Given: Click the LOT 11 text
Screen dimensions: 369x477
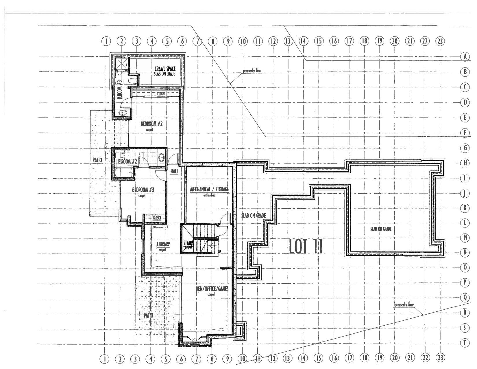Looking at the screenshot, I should (306, 247).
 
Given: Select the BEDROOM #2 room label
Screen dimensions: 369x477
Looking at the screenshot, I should (151, 124).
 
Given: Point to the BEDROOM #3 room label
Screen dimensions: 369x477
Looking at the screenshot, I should (143, 190).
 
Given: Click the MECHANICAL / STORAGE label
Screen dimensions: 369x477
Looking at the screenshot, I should (209, 189).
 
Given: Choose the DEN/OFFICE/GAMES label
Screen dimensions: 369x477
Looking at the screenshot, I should (211, 289).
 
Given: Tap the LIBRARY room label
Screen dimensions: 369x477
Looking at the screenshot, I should (163, 244).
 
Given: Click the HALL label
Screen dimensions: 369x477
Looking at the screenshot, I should (174, 171).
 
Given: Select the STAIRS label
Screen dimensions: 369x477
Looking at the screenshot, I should (188, 243).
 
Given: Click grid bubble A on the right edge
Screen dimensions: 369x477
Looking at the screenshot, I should (465, 57).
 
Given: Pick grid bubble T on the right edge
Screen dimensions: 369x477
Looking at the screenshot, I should (465, 343).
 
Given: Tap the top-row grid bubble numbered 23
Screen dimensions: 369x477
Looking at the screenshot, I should (440, 41).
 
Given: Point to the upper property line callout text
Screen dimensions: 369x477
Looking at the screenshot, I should (252, 71).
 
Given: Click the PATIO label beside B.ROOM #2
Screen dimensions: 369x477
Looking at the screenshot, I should (97, 160).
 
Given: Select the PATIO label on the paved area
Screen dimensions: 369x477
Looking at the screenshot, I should (148, 315).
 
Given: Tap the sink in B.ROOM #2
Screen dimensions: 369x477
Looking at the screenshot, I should (162, 158).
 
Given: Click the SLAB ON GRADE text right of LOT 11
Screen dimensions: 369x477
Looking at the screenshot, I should (381, 229).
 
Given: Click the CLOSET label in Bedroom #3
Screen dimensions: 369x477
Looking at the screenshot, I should (157, 218).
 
